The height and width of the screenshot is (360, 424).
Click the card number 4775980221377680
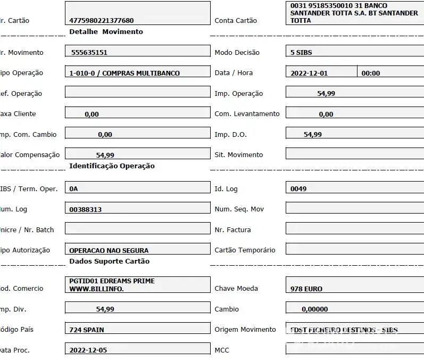102,21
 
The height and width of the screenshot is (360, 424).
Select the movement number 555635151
93,53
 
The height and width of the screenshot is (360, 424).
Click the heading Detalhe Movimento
106,32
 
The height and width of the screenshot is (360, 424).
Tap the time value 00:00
371,73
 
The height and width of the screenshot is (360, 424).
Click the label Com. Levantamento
247,114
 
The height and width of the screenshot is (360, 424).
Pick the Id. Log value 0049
298,189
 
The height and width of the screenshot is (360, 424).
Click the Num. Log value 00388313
85,210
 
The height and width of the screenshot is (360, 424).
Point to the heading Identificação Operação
112,166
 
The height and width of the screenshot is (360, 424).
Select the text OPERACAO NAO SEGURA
109,250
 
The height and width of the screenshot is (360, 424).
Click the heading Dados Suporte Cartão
109,261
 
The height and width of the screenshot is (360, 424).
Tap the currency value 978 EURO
306,289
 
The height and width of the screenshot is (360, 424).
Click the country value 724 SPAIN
87,330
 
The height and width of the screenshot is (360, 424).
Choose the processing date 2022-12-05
88,350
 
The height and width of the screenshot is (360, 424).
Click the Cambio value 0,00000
314,309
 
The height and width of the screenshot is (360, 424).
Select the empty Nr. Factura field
354,230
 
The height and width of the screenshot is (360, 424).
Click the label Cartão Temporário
245,250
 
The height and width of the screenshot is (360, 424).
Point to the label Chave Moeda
236,289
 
